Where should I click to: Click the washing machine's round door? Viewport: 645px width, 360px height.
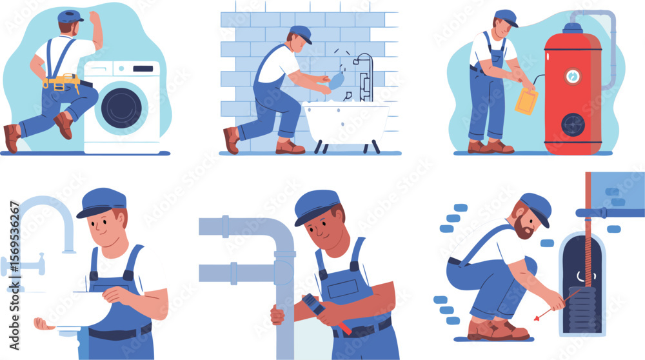pyautogui.click(x=120, y=107)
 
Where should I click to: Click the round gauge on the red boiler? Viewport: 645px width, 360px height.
pyautogui.click(x=573, y=76)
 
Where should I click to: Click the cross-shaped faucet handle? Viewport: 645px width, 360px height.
pyautogui.click(x=23, y=265)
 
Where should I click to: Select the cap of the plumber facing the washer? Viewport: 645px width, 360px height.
pyautogui.click(x=70, y=15)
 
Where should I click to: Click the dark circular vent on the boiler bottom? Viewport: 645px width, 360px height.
pyautogui.click(x=573, y=125)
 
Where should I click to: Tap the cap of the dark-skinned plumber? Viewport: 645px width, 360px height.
pyautogui.click(x=317, y=205)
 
